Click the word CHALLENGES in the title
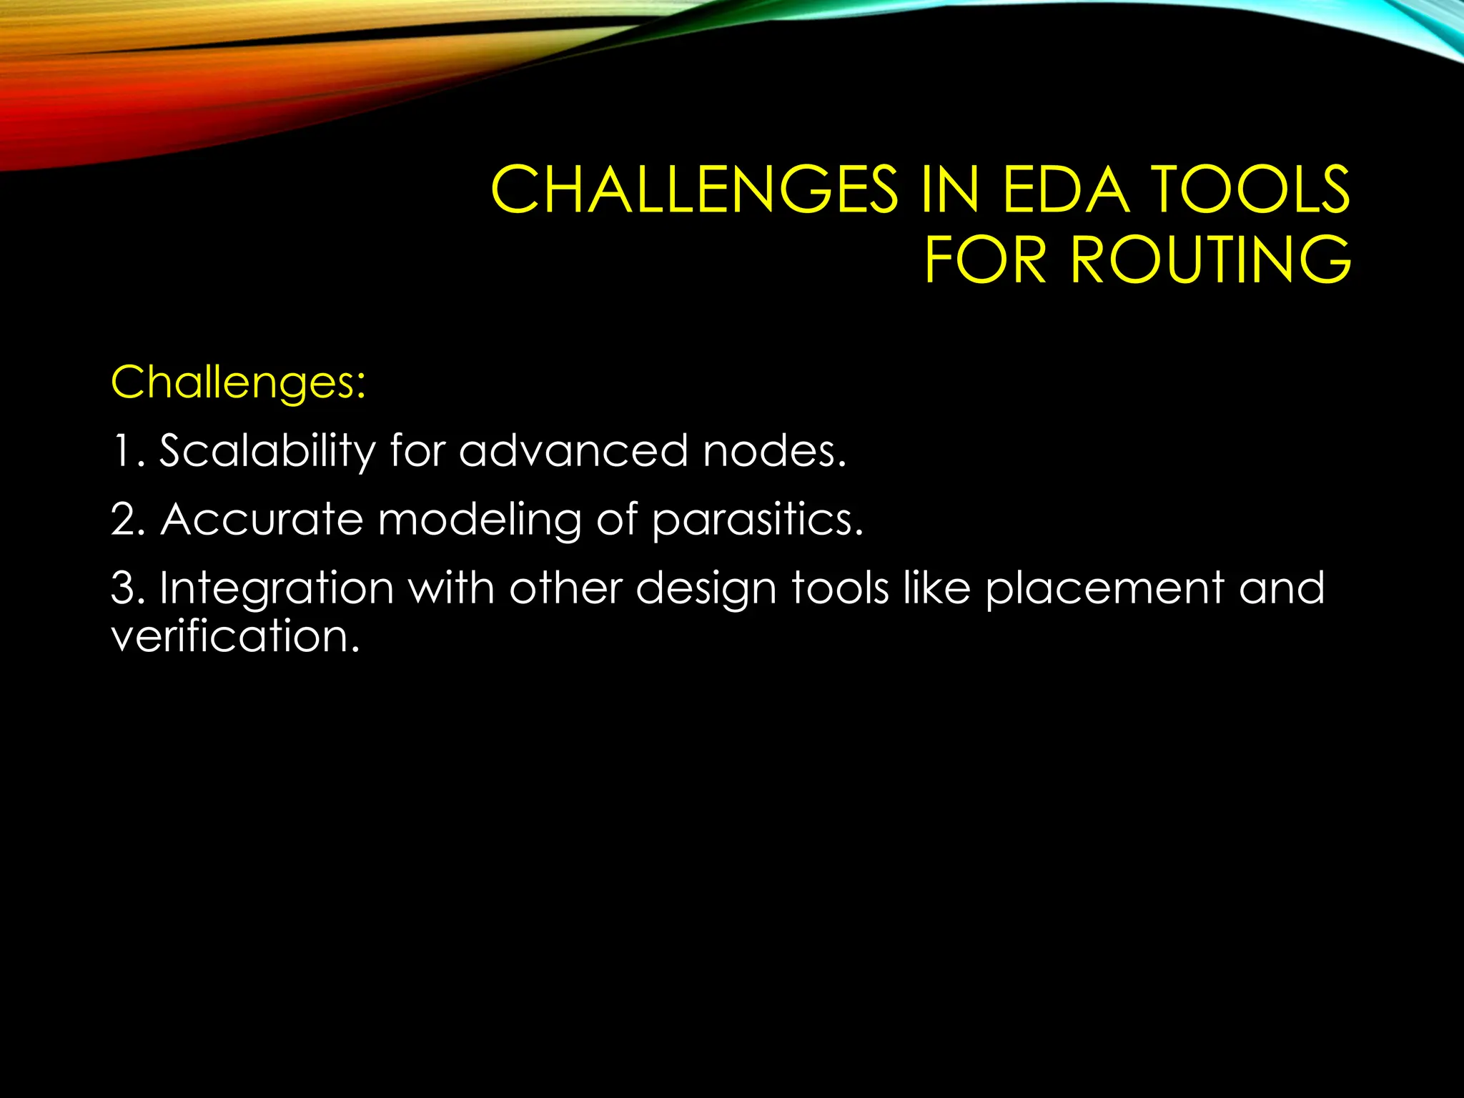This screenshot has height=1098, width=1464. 693,190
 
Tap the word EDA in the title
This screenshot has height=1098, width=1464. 1066,190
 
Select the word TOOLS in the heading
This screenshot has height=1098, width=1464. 1252,190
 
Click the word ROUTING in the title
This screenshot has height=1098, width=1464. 1210,259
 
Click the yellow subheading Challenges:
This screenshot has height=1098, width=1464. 239,383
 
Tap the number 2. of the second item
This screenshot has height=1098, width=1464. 129,520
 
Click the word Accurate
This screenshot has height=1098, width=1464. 262,520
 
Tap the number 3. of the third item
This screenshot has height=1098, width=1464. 129,588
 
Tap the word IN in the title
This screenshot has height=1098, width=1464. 949,190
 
